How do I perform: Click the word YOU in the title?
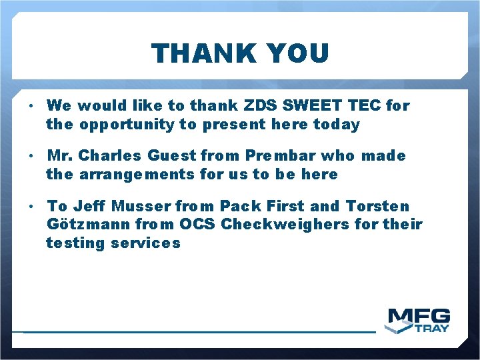click(296, 53)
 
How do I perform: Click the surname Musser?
click(141, 207)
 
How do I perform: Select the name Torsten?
click(377, 207)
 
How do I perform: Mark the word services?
click(146, 243)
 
